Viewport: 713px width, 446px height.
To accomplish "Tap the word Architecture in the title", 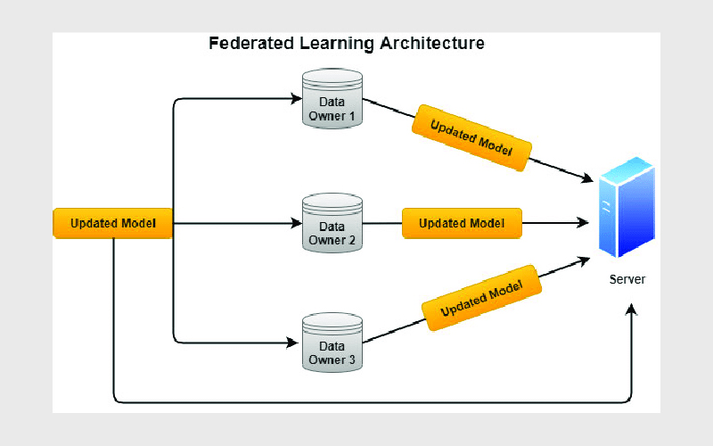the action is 432,43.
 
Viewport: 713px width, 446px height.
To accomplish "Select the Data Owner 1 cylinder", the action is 332,98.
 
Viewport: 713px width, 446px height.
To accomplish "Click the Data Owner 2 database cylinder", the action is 332,223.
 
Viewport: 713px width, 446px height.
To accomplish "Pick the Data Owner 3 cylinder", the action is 332,343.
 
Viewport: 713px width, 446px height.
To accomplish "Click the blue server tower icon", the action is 627,207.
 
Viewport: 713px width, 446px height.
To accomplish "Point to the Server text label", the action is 627,279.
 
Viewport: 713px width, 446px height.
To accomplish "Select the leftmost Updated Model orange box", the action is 113,223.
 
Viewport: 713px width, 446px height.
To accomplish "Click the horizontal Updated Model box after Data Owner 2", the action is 462,223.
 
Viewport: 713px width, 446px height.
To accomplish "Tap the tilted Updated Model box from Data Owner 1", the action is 471,138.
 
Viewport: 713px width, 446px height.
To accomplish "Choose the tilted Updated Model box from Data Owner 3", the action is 481,298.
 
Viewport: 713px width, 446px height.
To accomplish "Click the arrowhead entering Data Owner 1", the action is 297,98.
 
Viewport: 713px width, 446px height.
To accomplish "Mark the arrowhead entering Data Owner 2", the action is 297,223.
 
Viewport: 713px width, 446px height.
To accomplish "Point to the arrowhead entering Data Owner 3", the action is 293,343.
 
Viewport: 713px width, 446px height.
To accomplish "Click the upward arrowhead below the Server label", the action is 631,310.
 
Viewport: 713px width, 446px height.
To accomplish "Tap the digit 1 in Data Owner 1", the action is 351,116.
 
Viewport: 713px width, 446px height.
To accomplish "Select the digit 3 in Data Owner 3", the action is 351,360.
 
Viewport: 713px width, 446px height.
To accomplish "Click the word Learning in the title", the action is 337,44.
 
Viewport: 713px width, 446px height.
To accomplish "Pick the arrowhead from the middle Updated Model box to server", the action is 583,222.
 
